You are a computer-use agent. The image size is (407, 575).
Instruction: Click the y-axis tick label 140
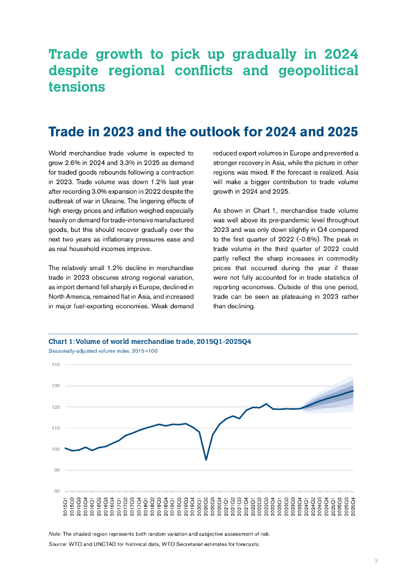[x=56, y=365]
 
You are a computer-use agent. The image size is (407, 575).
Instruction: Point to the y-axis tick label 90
[x=56, y=470]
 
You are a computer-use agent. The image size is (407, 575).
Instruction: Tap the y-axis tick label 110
[x=56, y=428]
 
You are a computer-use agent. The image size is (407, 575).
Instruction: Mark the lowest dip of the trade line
[x=206, y=460]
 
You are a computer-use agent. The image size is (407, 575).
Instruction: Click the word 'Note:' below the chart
[x=55, y=533]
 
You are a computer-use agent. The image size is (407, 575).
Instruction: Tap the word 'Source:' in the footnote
[x=58, y=544]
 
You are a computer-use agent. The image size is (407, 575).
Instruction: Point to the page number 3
[x=376, y=560]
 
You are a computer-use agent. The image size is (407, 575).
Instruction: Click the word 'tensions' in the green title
[x=77, y=88]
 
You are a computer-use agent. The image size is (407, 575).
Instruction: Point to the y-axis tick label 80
[x=56, y=491]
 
